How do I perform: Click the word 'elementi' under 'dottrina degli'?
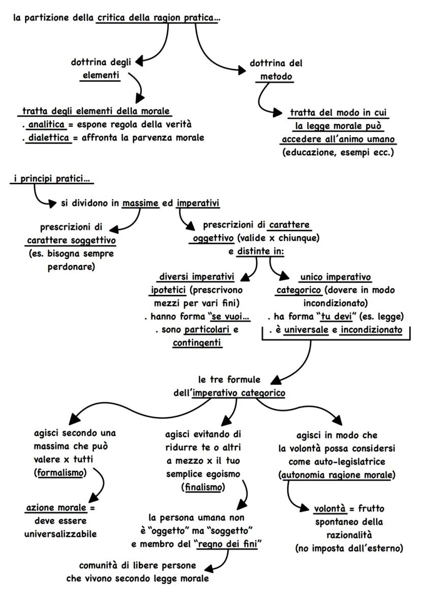pyautogui.click(x=99, y=76)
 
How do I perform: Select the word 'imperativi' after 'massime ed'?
pyautogui.click(x=198, y=204)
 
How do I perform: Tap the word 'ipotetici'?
pyautogui.click(x=167, y=289)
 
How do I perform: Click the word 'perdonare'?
pyautogui.click(x=77, y=265)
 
